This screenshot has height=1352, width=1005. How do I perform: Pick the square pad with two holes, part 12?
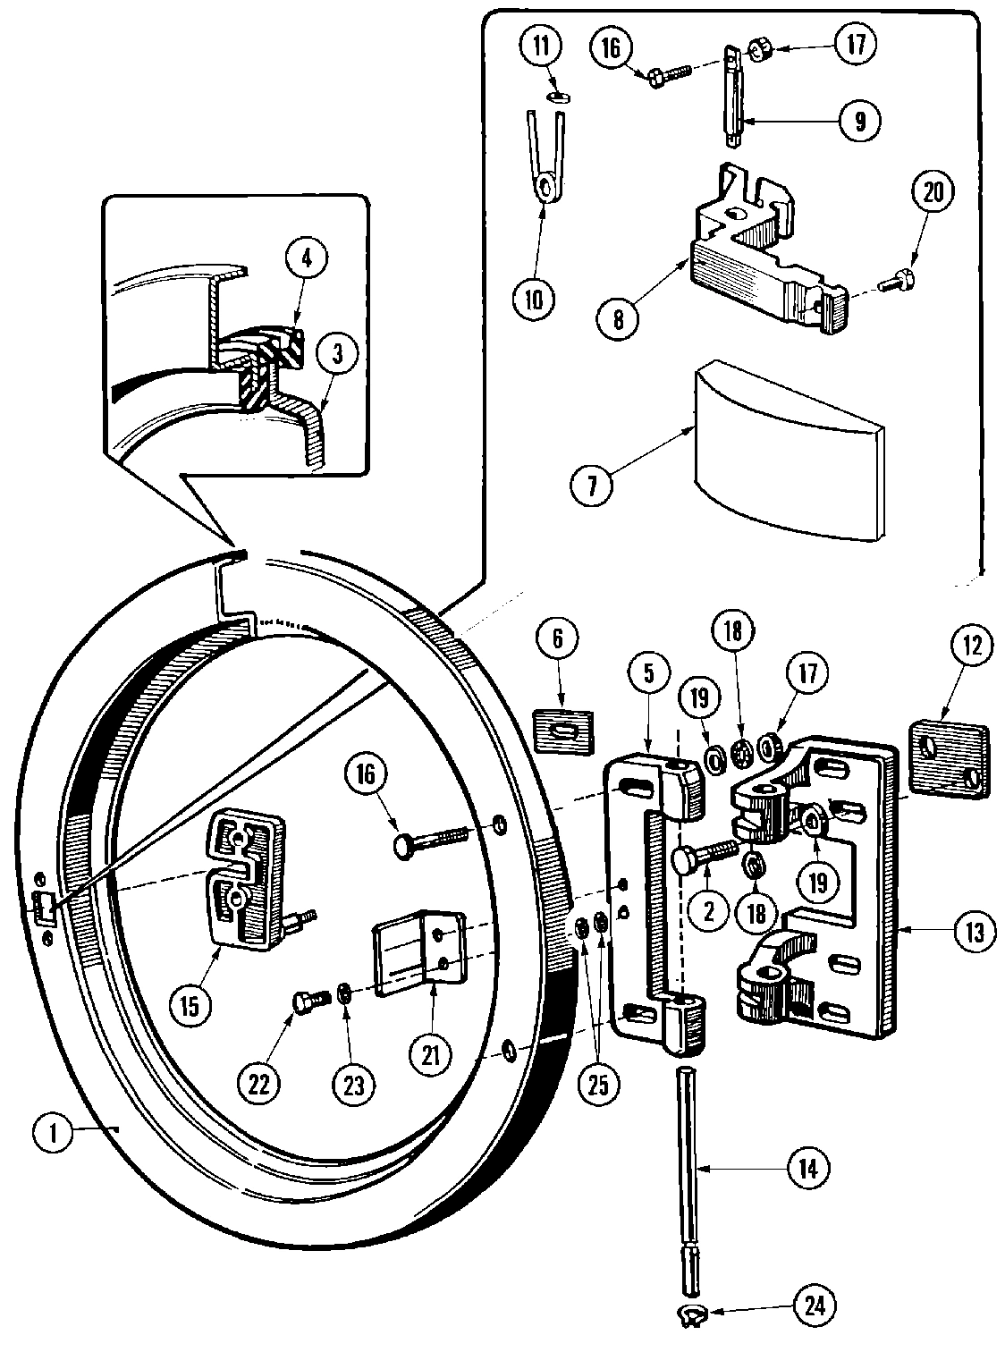click(x=948, y=759)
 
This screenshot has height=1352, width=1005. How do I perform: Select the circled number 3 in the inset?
click(x=337, y=354)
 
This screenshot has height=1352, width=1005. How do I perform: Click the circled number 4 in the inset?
click(x=307, y=260)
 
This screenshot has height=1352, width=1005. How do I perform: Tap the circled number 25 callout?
click(x=596, y=1084)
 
